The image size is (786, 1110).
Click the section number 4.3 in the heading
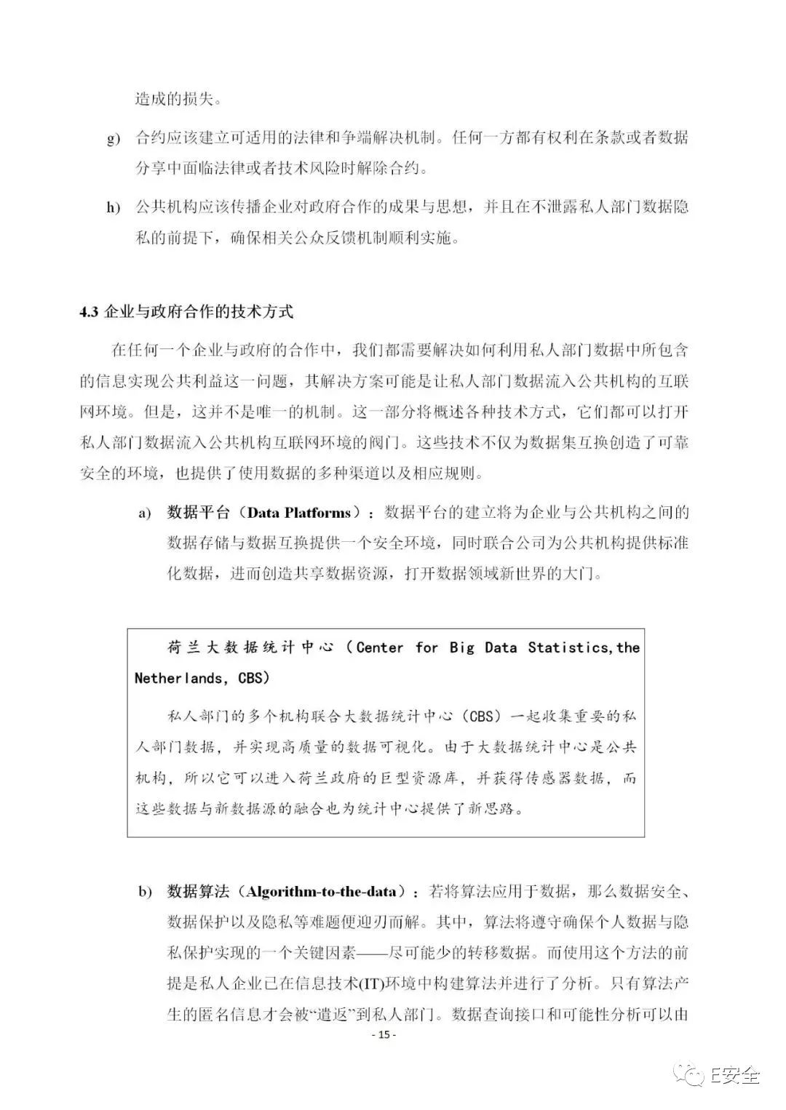(x=88, y=312)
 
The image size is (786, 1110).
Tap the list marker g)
(x=114, y=138)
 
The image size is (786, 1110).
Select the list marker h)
(x=114, y=208)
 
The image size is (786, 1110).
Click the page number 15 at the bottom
(x=384, y=1035)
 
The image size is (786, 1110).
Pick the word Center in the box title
(x=379, y=647)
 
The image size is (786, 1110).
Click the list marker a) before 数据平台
(x=146, y=514)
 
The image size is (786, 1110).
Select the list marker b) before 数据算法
(x=146, y=893)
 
